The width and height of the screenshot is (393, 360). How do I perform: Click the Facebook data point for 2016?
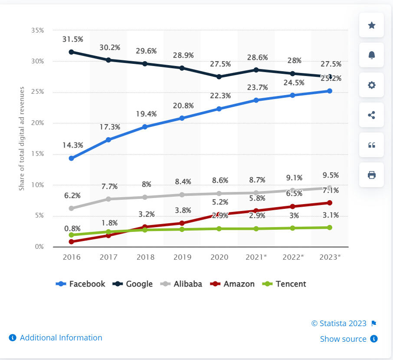(x=71, y=158)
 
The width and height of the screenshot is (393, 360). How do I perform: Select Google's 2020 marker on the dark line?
(x=219, y=77)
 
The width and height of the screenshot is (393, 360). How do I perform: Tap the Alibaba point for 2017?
(x=108, y=199)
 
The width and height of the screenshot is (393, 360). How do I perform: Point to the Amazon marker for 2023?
(x=330, y=203)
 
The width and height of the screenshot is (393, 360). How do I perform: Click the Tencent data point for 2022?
(x=293, y=228)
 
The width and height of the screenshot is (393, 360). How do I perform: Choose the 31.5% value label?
(x=72, y=39)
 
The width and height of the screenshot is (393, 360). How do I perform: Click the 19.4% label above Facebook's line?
(x=146, y=114)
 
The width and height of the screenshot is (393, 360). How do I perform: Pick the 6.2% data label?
(x=72, y=195)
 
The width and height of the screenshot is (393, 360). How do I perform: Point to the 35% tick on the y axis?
(x=37, y=30)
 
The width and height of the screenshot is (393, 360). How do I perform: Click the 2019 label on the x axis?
(x=182, y=257)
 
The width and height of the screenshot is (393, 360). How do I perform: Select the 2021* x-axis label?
(x=256, y=257)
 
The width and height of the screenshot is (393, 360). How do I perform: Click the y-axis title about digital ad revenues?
(x=22, y=139)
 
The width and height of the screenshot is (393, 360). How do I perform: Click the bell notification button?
(x=371, y=55)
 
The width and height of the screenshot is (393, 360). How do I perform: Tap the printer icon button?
(x=371, y=175)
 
